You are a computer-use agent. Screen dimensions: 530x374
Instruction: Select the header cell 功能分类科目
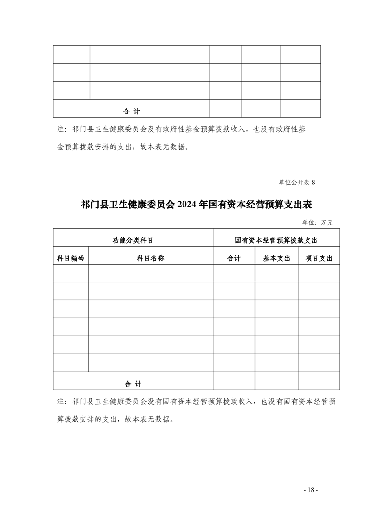click(x=133, y=240)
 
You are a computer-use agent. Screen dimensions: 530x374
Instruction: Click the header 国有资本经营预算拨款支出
click(x=276, y=240)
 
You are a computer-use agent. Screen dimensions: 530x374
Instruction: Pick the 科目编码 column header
click(x=71, y=258)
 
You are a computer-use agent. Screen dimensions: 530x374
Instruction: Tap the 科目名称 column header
click(x=150, y=258)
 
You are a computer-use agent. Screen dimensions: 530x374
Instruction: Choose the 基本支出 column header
click(x=276, y=258)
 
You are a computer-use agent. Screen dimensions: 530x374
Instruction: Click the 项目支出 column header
click(x=319, y=258)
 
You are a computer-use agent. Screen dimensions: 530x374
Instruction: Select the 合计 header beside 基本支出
click(x=234, y=258)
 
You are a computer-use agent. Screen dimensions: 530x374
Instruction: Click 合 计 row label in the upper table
click(x=132, y=111)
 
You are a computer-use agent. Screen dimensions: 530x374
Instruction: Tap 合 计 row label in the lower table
click(x=133, y=384)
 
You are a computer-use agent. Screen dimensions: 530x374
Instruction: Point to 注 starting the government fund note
click(x=60, y=129)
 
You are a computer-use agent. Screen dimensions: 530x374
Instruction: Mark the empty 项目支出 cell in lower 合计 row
click(x=319, y=381)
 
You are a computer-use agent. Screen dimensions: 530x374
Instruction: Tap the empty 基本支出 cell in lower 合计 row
click(x=276, y=381)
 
